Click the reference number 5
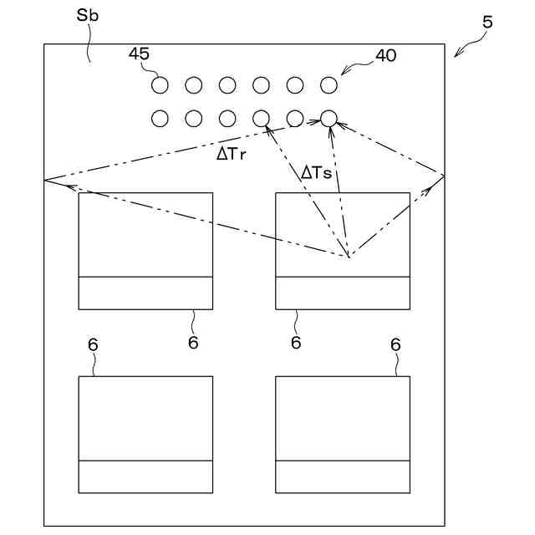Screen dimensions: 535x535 [x=487, y=23]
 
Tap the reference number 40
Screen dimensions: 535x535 [x=386, y=56]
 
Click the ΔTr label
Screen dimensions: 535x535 [x=231, y=154]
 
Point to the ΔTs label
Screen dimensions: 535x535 [x=317, y=173]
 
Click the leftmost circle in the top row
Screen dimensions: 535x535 [x=160, y=84]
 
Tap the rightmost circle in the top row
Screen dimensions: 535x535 [x=329, y=84]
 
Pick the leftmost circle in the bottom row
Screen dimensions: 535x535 [x=160, y=119]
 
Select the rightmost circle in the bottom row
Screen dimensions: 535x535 [x=329, y=119]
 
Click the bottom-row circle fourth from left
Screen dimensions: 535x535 [x=261, y=119]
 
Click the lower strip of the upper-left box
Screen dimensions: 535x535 [x=145, y=293]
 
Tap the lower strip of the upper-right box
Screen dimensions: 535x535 [x=343, y=293]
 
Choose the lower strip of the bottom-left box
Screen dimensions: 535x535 [x=145, y=476]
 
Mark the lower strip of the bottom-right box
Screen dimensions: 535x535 [x=343, y=476]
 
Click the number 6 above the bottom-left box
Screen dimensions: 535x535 [x=93, y=344]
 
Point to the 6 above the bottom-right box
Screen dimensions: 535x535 [x=395, y=344]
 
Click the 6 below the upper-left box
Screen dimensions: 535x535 [x=192, y=343]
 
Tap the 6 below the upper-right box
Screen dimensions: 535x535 [x=296, y=343]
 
